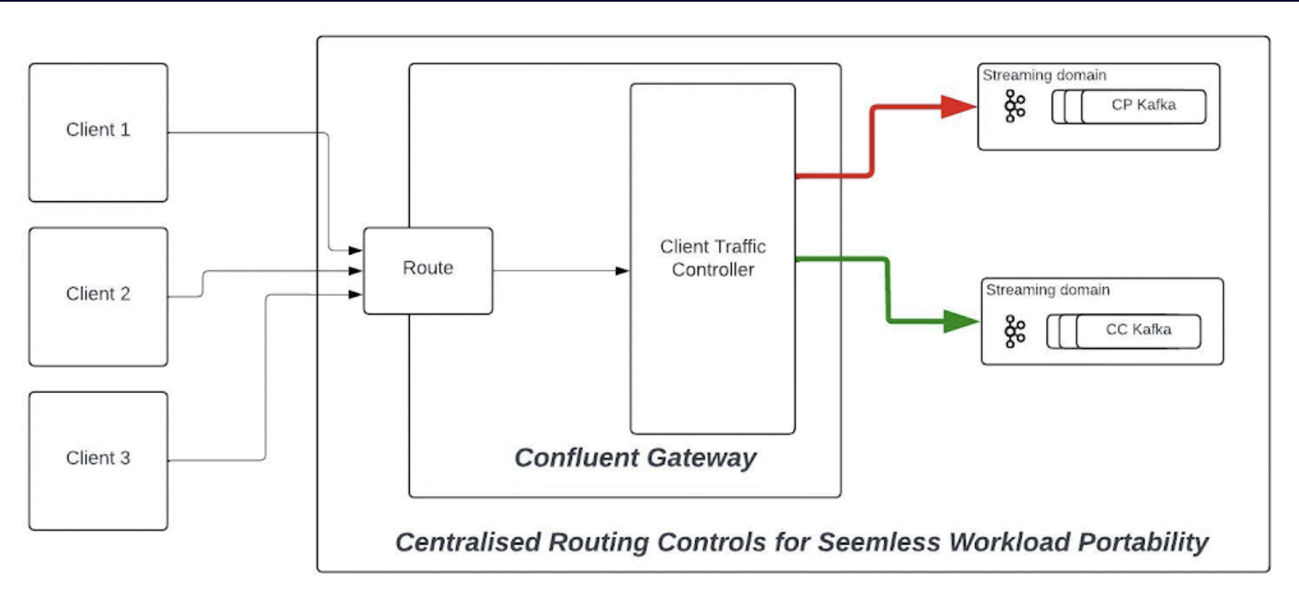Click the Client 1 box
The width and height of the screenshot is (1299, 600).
point(98,132)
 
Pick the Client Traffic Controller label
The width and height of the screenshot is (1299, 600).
point(712,258)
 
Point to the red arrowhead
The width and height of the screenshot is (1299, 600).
point(958,107)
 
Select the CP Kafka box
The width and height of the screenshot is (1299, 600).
point(1143,107)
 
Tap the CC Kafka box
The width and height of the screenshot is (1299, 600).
point(1138,331)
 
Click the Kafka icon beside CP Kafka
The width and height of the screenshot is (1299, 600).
point(1015,107)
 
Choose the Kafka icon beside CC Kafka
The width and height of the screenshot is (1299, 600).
point(1015,332)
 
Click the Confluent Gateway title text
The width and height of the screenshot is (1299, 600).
point(635,457)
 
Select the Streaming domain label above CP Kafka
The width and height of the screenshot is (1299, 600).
point(1044,75)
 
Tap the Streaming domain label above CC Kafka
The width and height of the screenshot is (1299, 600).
point(1047,290)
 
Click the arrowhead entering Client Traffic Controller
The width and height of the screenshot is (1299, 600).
point(623,272)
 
